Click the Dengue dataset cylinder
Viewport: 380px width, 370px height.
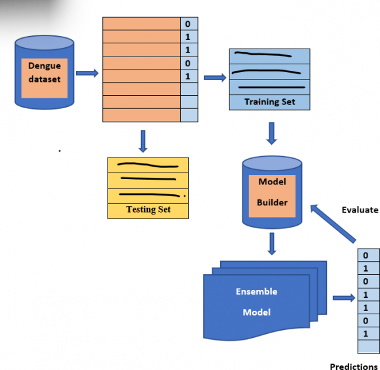(x=45, y=73)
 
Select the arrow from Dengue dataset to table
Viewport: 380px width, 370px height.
(x=86, y=73)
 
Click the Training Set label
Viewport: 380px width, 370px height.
(x=269, y=102)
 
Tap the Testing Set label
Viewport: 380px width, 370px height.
(x=148, y=209)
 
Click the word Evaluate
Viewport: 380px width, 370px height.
(x=360, y=210)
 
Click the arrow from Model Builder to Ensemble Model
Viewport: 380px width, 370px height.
(x=272, y=243)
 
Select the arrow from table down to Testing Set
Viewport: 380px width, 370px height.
(x=143, y=140)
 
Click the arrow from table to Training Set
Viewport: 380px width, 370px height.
(x=214, y=77)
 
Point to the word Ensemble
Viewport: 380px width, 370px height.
(x=256, y=291)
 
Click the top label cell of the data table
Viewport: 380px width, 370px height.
(x=188, y=24)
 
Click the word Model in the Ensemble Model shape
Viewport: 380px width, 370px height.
(x=256, y=312)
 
